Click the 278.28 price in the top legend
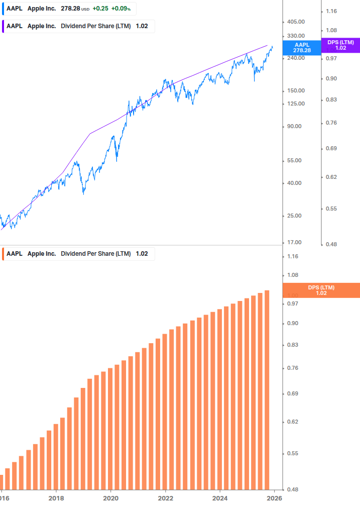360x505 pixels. pyautogui.click(x=70, y=9)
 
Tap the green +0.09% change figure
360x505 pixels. pyautogui.click(x=121, y=9)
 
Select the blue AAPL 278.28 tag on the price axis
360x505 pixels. pyautogui.click(x=302, y=48)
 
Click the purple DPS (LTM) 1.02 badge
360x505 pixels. pyautogui.click(x=340, y=45)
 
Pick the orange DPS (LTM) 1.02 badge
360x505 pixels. pyautogui.click(x=321, y=290)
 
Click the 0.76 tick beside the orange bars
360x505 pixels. pyautogui.click(x=293, y=368)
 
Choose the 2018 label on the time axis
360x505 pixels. pyautogui.click(x=56, y=498)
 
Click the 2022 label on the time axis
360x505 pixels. pyautogui.click(x=165, y=498)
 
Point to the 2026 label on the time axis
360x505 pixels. pyautogui.click(x=274, y=498)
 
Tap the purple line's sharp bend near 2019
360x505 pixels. pyautogui.click(x=90, y=134)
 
